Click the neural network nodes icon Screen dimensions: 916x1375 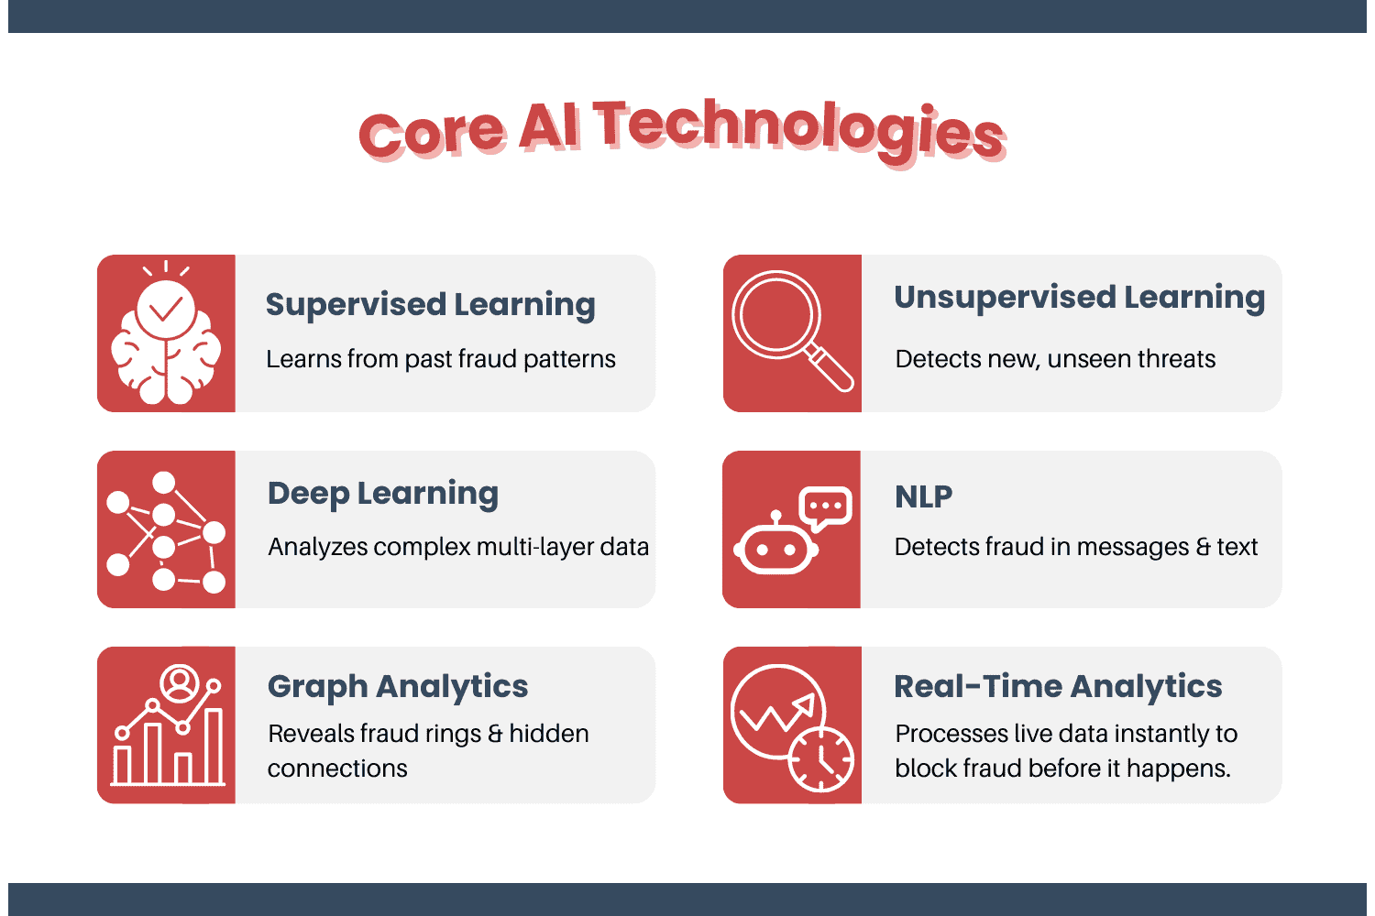click(x=166, y=530)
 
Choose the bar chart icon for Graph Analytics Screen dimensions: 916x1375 click(x=168, y=728)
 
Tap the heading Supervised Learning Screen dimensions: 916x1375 click(x=430, y=305)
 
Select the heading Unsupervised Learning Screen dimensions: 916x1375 click(x=1079, y=298)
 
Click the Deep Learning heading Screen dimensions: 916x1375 click(x=383, y=494)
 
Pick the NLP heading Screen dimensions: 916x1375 click(x=923, y=497)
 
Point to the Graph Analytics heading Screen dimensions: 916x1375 click(x=398, y=687)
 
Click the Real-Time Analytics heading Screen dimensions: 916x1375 click(x=1058, y=687)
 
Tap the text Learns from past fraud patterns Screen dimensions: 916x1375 click(x=441, y=359)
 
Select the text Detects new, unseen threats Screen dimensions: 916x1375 click(x=1055, y=359)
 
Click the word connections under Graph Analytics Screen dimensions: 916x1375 click(x=337, y=769)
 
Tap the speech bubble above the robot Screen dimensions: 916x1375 click(x=826, y=507)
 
